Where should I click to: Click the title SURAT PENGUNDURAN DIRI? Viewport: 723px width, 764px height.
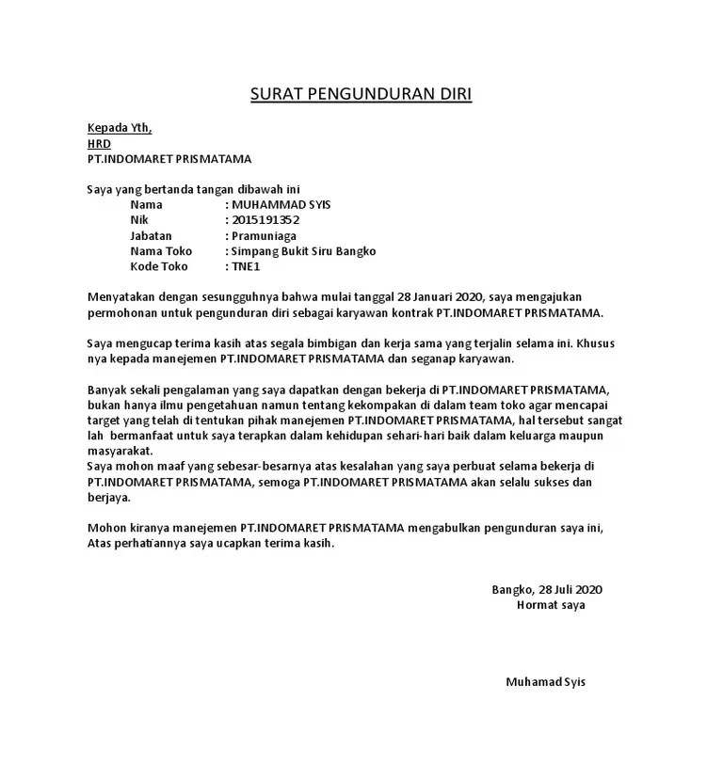361,94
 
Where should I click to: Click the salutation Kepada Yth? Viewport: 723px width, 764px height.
119,128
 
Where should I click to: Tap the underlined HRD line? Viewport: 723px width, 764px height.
99,144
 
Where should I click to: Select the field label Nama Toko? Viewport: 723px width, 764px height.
161,251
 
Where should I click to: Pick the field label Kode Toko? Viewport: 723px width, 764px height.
160,267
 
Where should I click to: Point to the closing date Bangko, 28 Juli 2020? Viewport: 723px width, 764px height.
546,590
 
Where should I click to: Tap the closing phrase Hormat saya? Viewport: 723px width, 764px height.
551,605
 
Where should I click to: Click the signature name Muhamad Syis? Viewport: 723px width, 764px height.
545,682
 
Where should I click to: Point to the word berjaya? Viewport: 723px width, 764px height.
108,498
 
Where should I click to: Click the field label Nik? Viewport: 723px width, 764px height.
139,220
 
